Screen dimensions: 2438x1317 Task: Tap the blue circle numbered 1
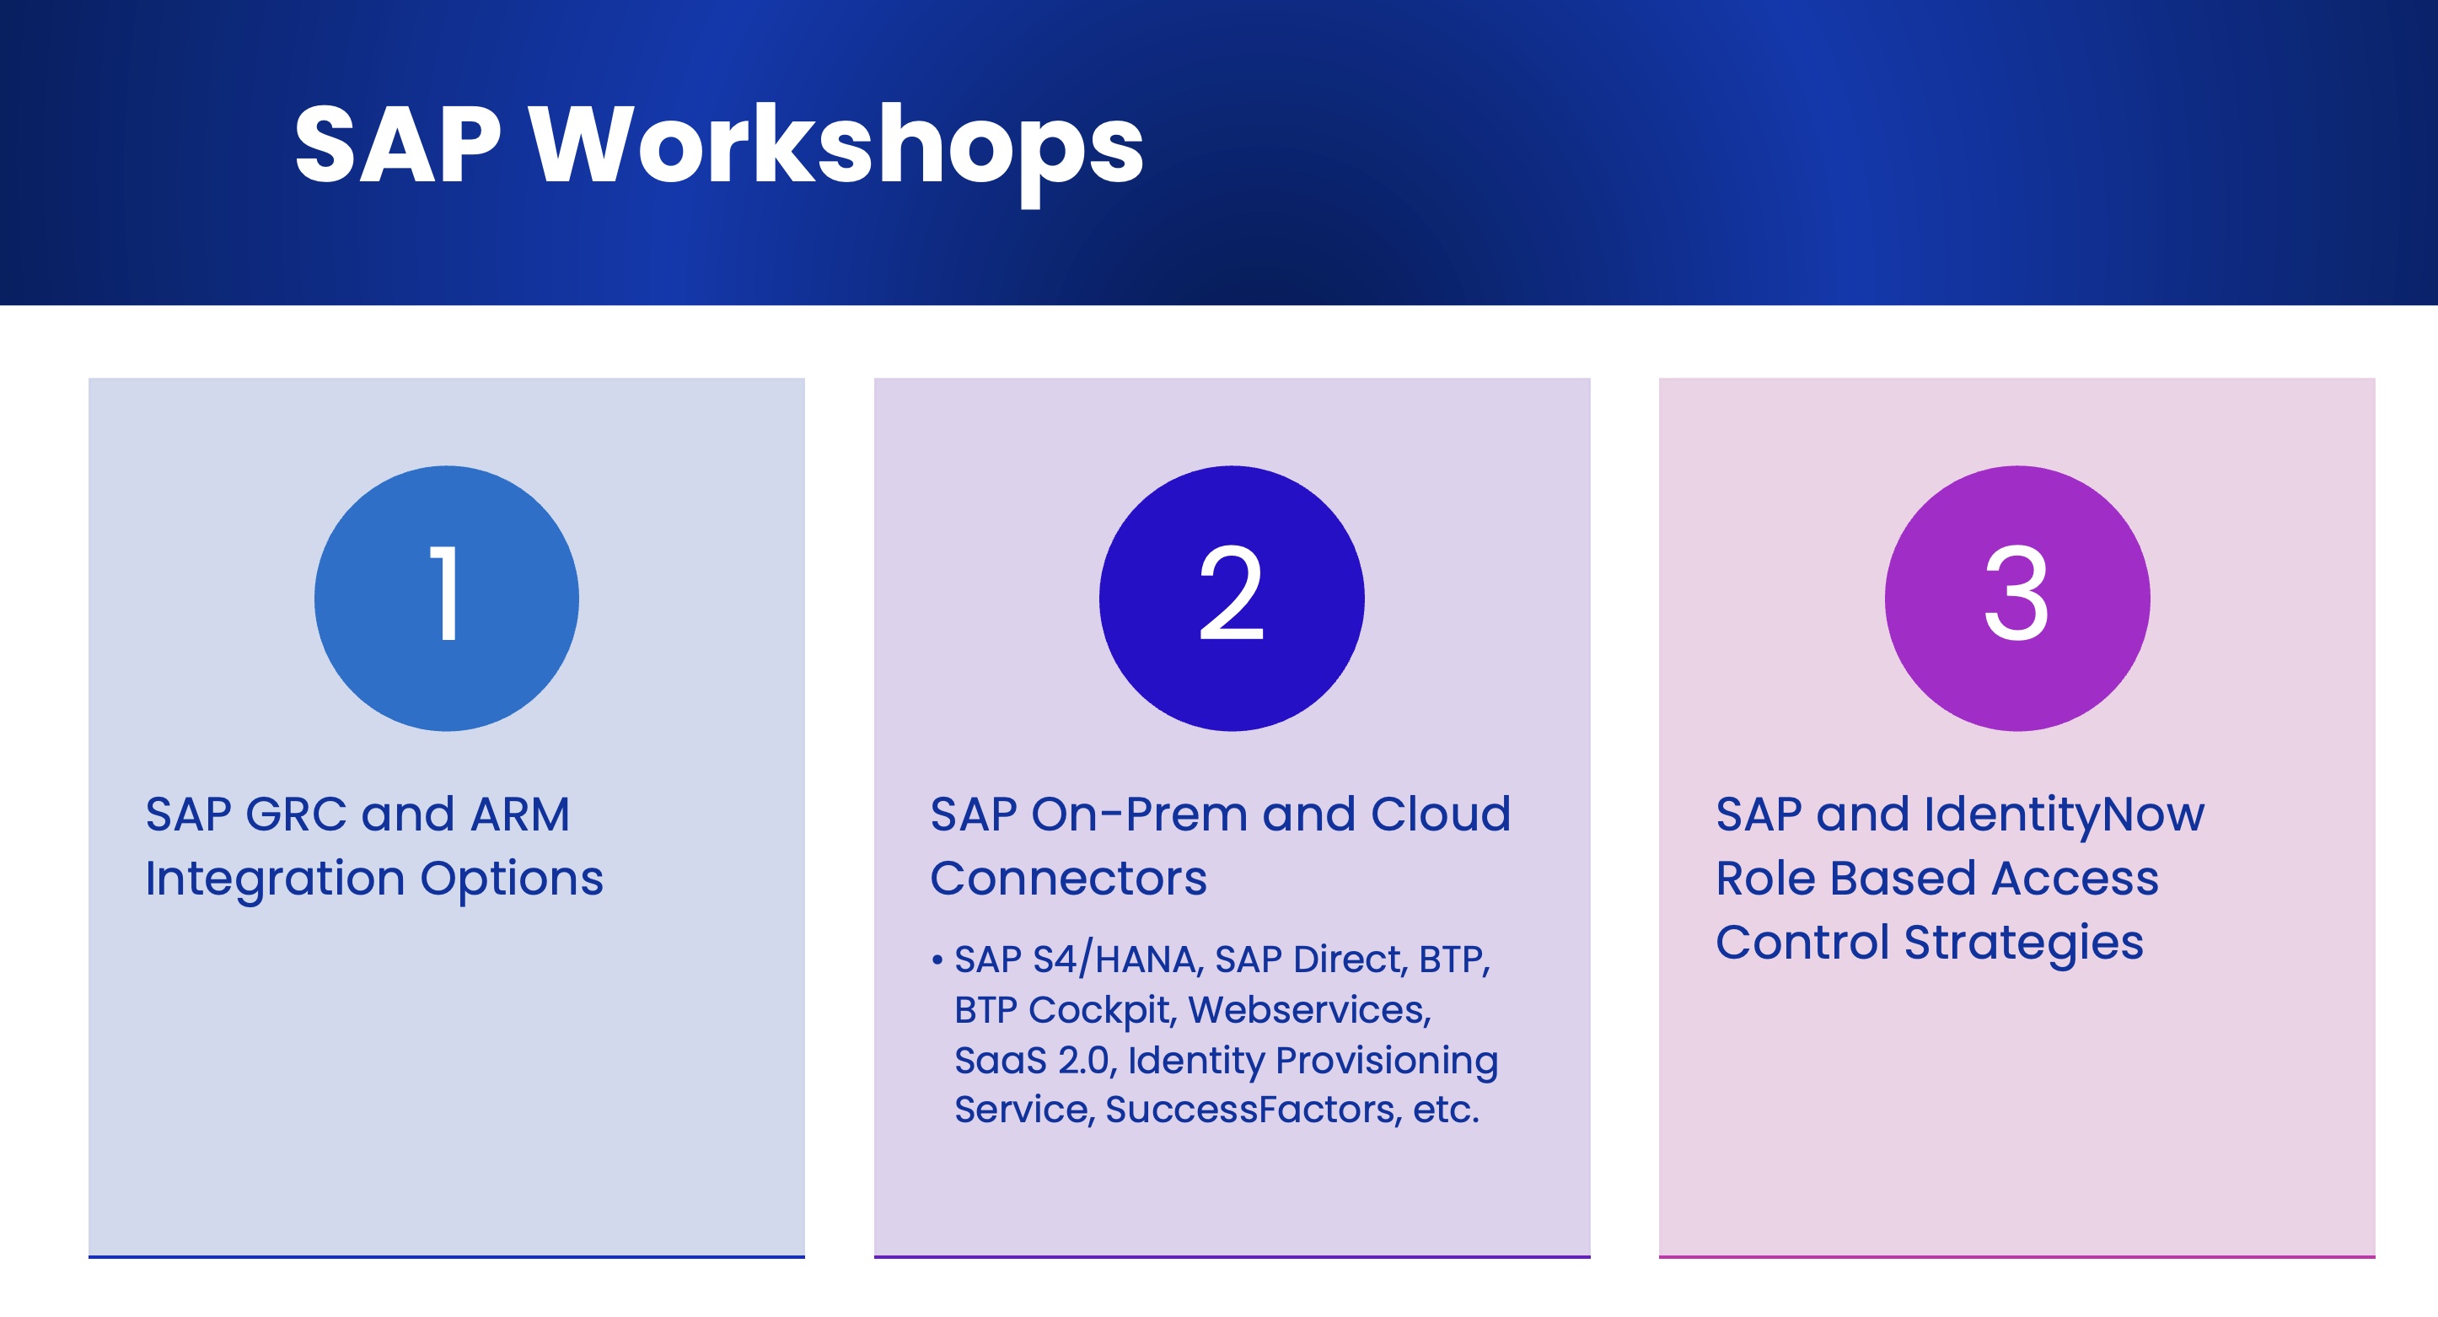(x=447, y=599)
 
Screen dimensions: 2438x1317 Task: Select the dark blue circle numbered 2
(x=1232, y=599)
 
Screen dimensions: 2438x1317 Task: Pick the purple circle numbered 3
(x=2016, y=599)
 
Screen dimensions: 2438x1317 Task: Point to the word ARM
(x=520, y=814)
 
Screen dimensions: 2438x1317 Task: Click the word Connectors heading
(x=1068, y=879)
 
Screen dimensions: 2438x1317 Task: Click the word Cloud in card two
(x=1442, y=814)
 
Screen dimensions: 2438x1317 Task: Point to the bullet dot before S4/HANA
(x=937, y=961)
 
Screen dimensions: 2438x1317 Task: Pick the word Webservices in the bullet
(x=1310, y=1010)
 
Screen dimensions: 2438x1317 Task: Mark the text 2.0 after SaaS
(x=1087, y=1061)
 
